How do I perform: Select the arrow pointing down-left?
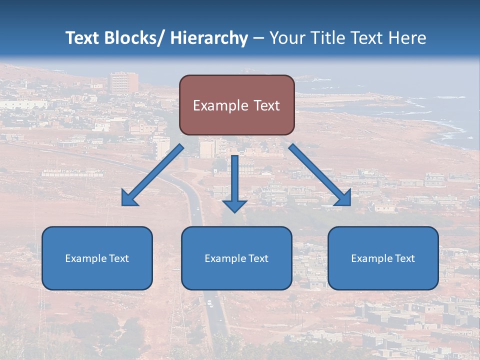152,175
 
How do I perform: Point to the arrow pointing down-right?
320,175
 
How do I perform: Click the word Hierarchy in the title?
209,38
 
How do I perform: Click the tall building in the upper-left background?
123,82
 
